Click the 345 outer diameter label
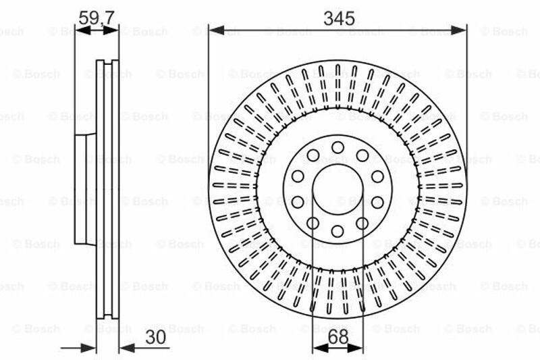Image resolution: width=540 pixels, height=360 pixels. click(339, 18)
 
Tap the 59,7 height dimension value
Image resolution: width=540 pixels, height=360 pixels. click(97, 18)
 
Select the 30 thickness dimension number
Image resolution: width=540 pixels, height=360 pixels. click(156, 337)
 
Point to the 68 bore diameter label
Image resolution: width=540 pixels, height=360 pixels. click(338, 337)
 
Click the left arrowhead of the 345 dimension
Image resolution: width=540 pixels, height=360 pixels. click(217, 30)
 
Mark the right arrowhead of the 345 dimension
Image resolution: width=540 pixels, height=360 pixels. click(459, 30)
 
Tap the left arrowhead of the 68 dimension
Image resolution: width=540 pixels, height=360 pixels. click(320, 348)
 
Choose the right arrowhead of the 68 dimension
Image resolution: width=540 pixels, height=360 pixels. click(356, 348)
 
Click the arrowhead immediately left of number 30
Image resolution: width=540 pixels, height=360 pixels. click(127, 348)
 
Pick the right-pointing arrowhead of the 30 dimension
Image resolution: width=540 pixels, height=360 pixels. click(88, 348)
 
